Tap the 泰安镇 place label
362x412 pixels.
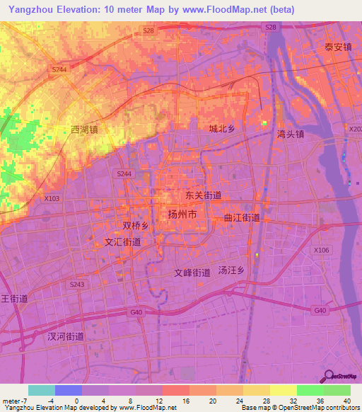(x=338, y=47)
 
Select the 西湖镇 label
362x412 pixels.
(x=85, y=130)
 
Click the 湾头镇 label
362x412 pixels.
(x=291, y=133)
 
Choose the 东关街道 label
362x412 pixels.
(x=204, y=195)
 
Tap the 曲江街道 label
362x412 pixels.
(x=242, y=218)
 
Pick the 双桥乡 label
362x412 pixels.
(x=135, y=226)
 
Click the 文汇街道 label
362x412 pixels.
(x=122, y=241)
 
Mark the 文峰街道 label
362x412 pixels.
(x=192, y=272)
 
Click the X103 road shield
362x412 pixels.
(x=52, y=199)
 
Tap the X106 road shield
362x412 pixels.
(x=322, y=251)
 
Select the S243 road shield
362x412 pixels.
(x=77, y=285)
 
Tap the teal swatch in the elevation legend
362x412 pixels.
(x=42, y=389)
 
